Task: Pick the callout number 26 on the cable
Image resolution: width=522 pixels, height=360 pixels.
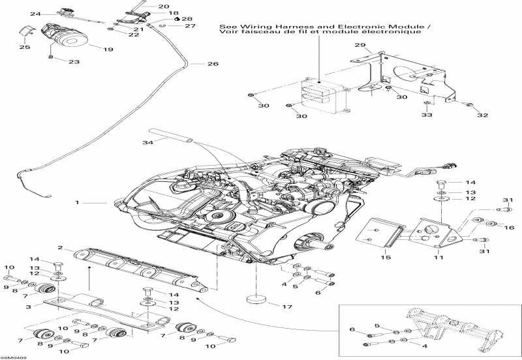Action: pos(213,64)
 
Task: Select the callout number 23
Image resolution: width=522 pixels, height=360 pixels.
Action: pos(74,62)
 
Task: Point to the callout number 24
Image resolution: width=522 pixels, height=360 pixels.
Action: pos(35,14)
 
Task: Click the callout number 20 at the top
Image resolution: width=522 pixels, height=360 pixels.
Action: pos(163,6)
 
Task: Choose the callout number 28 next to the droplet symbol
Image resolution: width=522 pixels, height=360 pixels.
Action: pos(187,20)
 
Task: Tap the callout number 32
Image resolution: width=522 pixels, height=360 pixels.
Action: pos(482,115)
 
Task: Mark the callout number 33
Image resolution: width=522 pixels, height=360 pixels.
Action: pos(426,115)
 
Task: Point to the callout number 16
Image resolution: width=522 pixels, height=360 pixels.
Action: pos(510,228)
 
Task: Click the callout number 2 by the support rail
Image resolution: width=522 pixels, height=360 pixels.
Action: pos(60,248)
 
